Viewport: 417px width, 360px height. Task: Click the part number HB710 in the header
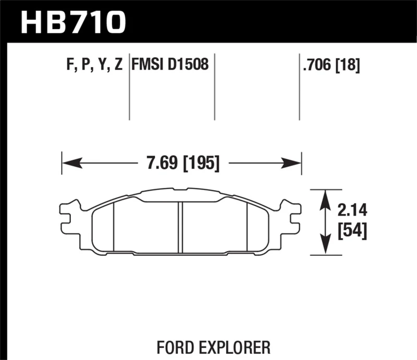(73, 21)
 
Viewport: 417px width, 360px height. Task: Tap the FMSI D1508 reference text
(170, 65)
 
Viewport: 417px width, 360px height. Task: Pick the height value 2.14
(353, 211)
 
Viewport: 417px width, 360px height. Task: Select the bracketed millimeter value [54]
(353, 231)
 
